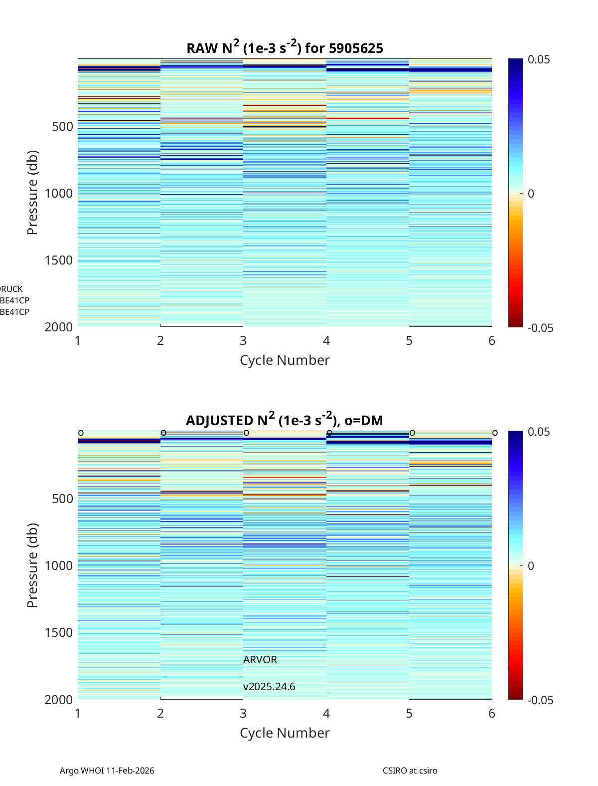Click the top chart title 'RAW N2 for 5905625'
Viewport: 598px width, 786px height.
click(285, 48)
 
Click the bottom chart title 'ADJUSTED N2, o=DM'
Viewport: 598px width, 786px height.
click(285, 420)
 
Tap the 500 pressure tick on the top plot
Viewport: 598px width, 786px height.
click(63, 126)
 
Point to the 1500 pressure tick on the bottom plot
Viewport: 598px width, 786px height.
click(59, 632)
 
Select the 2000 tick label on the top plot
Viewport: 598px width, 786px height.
click(59, 327)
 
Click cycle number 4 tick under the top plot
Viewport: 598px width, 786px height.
click(326, 340)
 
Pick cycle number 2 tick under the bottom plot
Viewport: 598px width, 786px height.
click(160, 713)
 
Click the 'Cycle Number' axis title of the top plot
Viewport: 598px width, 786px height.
click(285, 360)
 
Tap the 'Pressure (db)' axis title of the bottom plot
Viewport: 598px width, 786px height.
click(32, 565)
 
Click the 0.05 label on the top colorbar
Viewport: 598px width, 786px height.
click(539, 60)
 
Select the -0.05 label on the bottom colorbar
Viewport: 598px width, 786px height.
click(540, 700)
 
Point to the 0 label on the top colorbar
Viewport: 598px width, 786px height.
click(531, 194)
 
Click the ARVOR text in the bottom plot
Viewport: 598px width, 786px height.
click(260, 660)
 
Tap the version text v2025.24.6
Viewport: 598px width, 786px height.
click(269, 687)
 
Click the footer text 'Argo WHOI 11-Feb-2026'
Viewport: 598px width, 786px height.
click(107, 771)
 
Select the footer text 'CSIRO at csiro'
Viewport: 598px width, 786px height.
click(410, 771)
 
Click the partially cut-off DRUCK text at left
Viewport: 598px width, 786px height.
click(11, 289)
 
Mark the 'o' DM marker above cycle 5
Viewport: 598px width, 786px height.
click(412, 433)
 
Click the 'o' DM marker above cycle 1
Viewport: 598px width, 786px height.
click(81, 433)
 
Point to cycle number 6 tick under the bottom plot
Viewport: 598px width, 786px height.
click(492, 713)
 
